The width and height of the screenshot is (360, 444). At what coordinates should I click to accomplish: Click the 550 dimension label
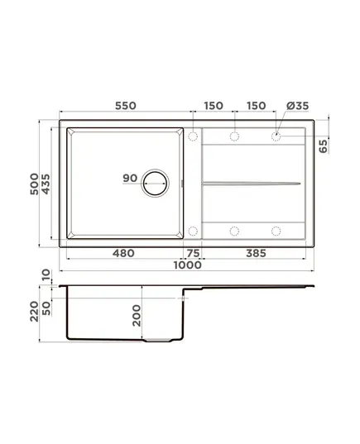126,106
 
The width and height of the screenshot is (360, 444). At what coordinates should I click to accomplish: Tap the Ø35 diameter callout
297,106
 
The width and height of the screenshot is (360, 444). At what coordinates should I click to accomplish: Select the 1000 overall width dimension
187,265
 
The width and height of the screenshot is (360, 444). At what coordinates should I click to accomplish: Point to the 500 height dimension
34,184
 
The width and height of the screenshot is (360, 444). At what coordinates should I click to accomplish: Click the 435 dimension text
46,184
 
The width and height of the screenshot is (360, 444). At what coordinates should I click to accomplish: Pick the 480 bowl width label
123,253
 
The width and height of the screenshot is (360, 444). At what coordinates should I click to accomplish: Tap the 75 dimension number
193,253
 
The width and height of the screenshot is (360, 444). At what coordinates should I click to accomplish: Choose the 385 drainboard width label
256,253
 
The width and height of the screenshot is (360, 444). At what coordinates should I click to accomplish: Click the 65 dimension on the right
323,146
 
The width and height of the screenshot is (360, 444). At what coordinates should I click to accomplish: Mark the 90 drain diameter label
130,178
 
